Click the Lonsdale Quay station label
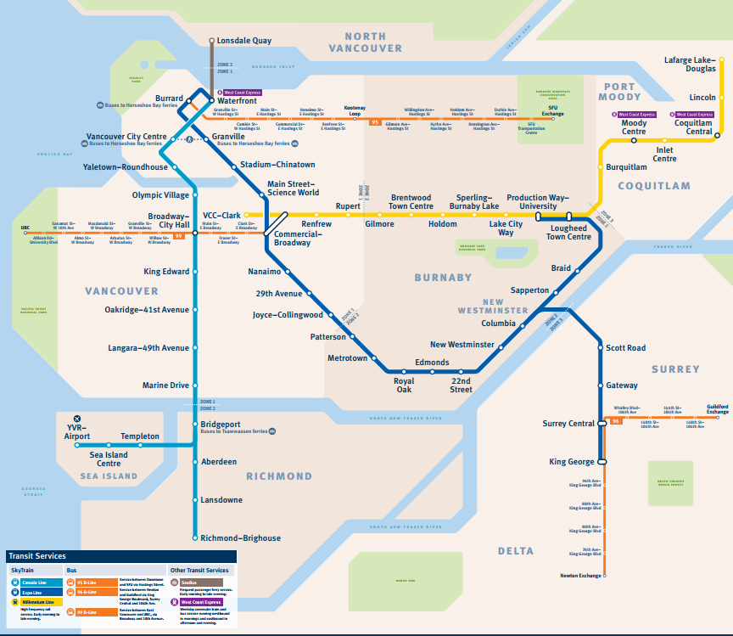[243, 41]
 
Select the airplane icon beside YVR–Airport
[77, 419]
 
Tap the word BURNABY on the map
[443, 278]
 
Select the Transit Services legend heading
[37, 556]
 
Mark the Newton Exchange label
[579, 576]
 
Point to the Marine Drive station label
[165, 386]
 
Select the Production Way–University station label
[532, 202]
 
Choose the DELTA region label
[516, 551]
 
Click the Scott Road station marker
[602, 348]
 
